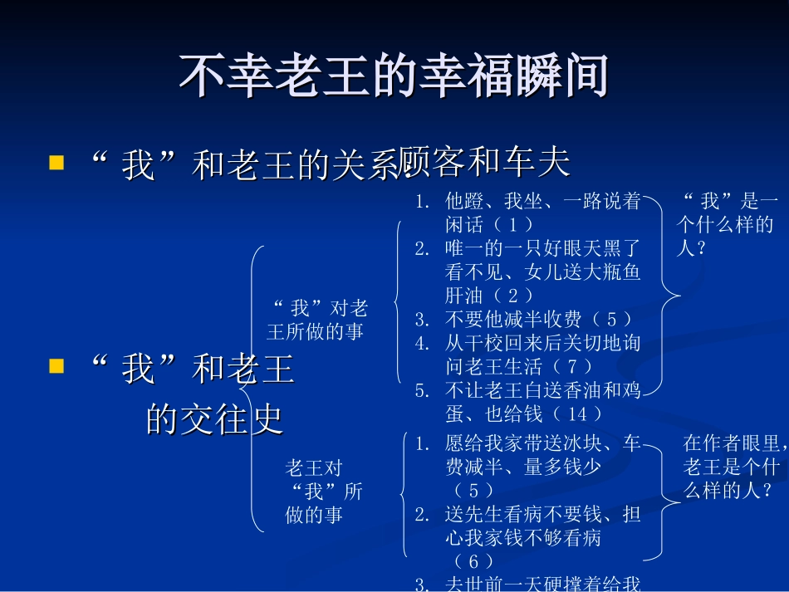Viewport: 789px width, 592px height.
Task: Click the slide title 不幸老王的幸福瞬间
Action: (394, 77)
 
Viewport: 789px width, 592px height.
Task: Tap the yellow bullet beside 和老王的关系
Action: (56, 161)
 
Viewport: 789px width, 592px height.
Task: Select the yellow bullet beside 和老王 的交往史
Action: (56, 365)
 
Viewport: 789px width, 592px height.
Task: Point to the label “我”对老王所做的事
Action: (316, 320)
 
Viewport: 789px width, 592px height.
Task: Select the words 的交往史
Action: (214, 420)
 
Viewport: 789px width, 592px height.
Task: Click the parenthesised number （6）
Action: (474, 562)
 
